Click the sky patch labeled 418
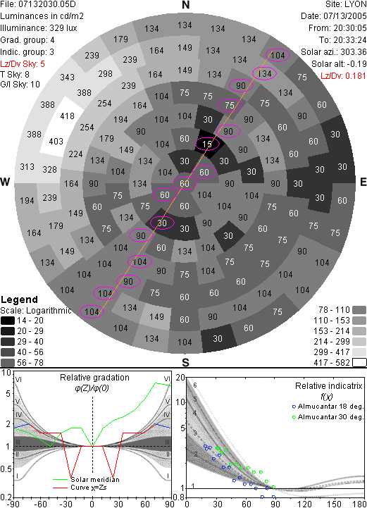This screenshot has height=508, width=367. tap(68, 116)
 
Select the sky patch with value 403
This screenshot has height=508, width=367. tap(55, 141)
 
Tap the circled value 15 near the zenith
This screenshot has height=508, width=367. tap(207, 144)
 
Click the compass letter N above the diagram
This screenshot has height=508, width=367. tap(185, 5)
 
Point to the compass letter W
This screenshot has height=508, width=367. tap(5, 182)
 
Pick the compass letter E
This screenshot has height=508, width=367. tap(363, 182)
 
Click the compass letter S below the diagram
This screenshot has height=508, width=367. tap(185, 362)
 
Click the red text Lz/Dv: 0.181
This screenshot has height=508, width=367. tap(343, 76)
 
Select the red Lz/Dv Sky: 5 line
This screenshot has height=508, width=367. tap(23, 64)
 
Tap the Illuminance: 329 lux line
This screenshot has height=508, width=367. tap(39, 28)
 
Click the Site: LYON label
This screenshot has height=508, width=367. tap(346, 4)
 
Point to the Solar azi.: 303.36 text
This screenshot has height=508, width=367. tap(334, 52)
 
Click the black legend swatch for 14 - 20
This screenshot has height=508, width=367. tap(8, 321)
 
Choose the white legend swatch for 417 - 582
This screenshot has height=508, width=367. tap(359, 363)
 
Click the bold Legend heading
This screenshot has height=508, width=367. tap(20, 299)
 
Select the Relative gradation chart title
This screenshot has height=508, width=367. tap(94, 378)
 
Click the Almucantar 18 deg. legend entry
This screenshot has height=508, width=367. tap(328, 407)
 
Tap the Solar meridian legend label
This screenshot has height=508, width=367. tap(95, 480)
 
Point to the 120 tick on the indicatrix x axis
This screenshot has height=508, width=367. tap(304, 504)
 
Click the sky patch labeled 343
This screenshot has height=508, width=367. tap(67, 77)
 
